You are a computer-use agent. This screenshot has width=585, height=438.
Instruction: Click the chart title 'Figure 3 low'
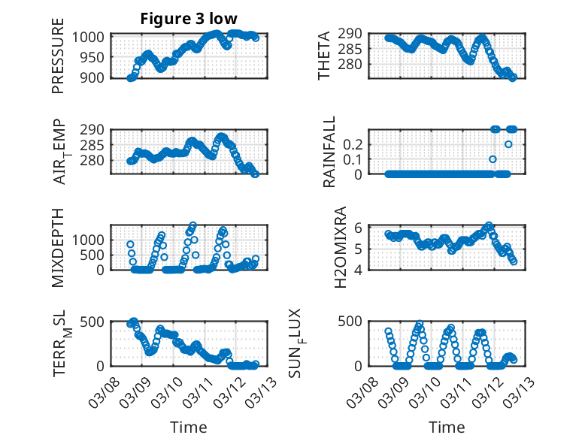tap(189, 19)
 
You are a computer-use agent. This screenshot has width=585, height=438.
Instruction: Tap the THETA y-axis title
tap(324, 56)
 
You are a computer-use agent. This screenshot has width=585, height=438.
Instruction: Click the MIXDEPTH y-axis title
tap(58, 247)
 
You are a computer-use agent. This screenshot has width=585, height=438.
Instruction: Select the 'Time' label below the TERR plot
tap(189, 427)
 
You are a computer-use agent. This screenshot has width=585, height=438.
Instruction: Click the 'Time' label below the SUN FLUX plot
tap(447, 427)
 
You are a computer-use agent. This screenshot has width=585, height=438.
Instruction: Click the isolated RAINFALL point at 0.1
tap(493, 159)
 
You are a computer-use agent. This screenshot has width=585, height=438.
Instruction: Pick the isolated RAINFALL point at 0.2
tap(508, 144)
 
